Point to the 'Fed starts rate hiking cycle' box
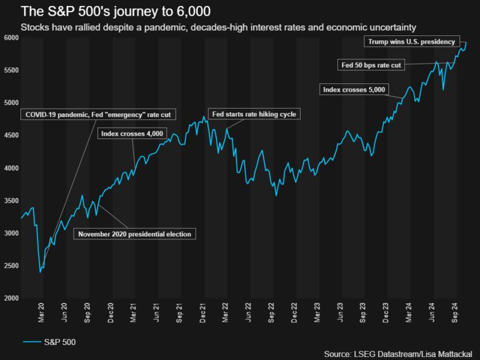[253, 113]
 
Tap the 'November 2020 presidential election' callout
[135, 234]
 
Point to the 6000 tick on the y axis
[11, 38]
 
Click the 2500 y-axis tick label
[11, 266]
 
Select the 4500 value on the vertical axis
[11, 136]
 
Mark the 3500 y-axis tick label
[11, 201]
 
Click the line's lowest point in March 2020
[40, 272]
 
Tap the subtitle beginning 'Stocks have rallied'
[218, 28]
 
